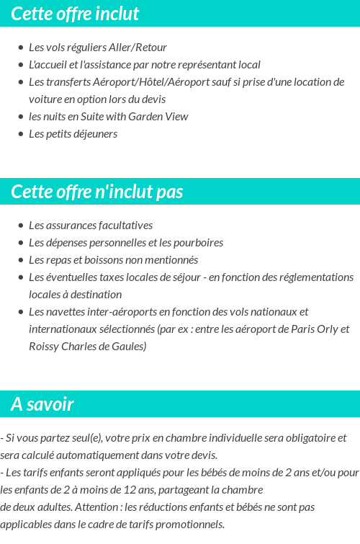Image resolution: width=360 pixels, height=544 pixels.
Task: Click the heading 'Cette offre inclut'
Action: click(x=75, y=14)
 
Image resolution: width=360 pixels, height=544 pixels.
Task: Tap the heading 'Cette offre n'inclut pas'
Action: click(x=97, y=192)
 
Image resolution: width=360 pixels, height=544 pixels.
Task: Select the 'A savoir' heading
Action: click(x=42, y=404)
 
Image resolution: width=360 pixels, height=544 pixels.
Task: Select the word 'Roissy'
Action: click(x=44, y=347)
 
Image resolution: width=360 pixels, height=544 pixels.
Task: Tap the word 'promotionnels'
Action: click(x=192, y=525)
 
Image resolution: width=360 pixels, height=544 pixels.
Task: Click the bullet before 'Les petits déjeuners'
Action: click(x=20, y=134)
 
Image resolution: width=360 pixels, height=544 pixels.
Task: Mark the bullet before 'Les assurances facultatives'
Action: click(x=20, y=226)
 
